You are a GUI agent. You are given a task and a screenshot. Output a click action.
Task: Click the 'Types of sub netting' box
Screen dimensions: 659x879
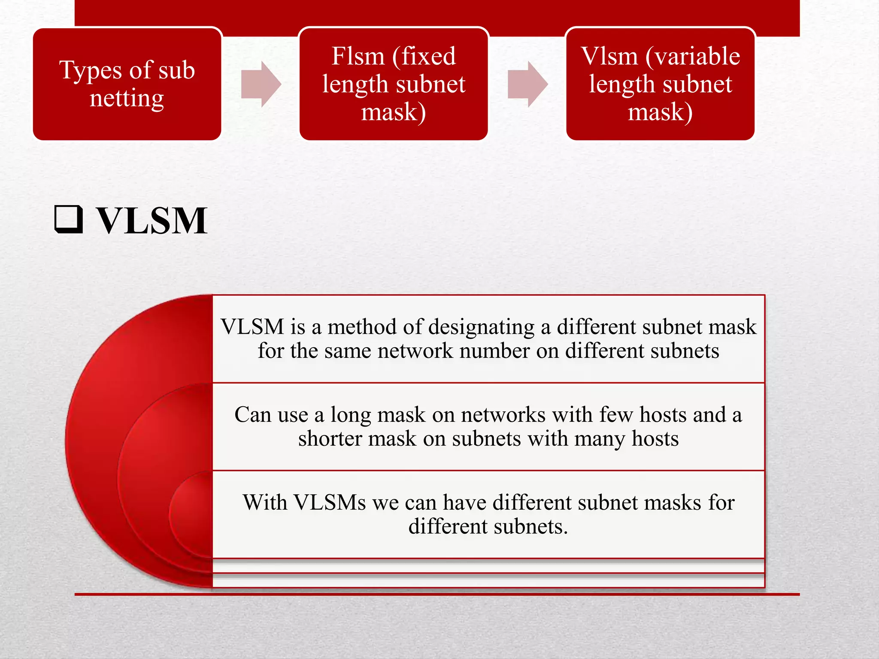coord(127,84)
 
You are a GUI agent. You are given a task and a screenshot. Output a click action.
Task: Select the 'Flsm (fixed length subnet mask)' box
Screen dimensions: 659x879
coord(394,84)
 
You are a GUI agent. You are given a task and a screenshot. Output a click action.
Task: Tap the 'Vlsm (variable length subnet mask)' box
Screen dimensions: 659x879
coord(660,84)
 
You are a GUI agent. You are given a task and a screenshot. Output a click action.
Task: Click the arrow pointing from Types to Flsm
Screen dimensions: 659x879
coord(261,84)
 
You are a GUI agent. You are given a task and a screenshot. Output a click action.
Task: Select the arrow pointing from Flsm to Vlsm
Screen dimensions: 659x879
coord(527,84)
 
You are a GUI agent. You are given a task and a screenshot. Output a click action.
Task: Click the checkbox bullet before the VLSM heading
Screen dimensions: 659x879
coord(69,220)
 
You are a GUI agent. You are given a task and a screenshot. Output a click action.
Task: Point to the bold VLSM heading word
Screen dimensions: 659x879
coord(152,221)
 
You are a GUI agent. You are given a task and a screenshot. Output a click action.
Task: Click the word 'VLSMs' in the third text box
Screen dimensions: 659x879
coord(330,502)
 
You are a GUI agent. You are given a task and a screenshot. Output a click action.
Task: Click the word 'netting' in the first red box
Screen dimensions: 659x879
coord(127,99)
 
